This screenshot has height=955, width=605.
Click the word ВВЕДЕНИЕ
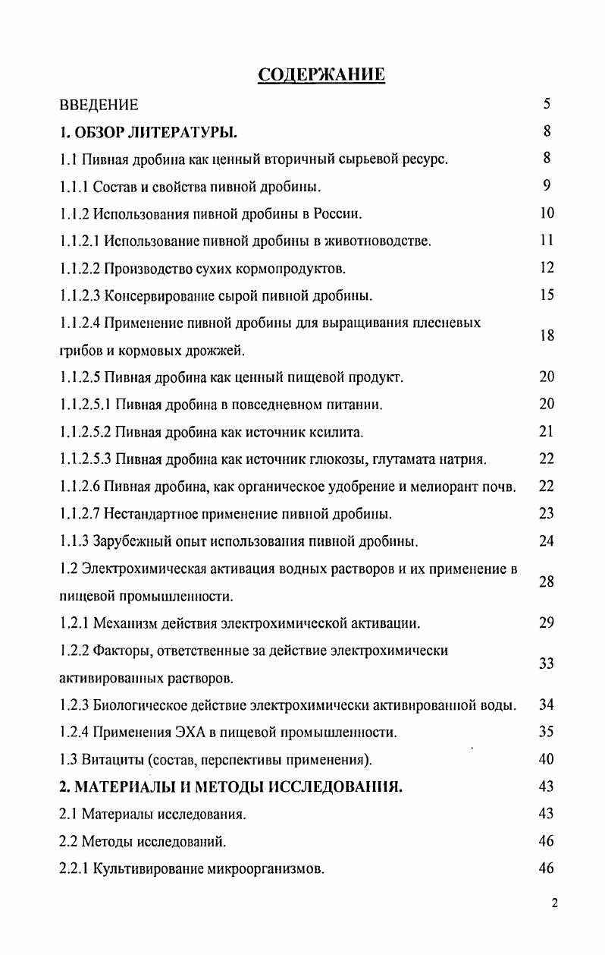pos(99,105)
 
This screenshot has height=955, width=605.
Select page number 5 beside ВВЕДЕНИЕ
pos(547,104)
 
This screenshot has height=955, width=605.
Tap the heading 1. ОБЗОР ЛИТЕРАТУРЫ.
pos(149,132)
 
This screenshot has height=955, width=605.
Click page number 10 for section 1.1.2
pos(547,213)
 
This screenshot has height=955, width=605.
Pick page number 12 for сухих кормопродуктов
pos(547,268)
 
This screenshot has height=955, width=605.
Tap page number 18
pos(547,336)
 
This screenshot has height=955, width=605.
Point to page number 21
pos(547,432)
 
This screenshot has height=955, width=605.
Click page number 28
pos(547,582)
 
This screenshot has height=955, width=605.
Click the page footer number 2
pos(555,903)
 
